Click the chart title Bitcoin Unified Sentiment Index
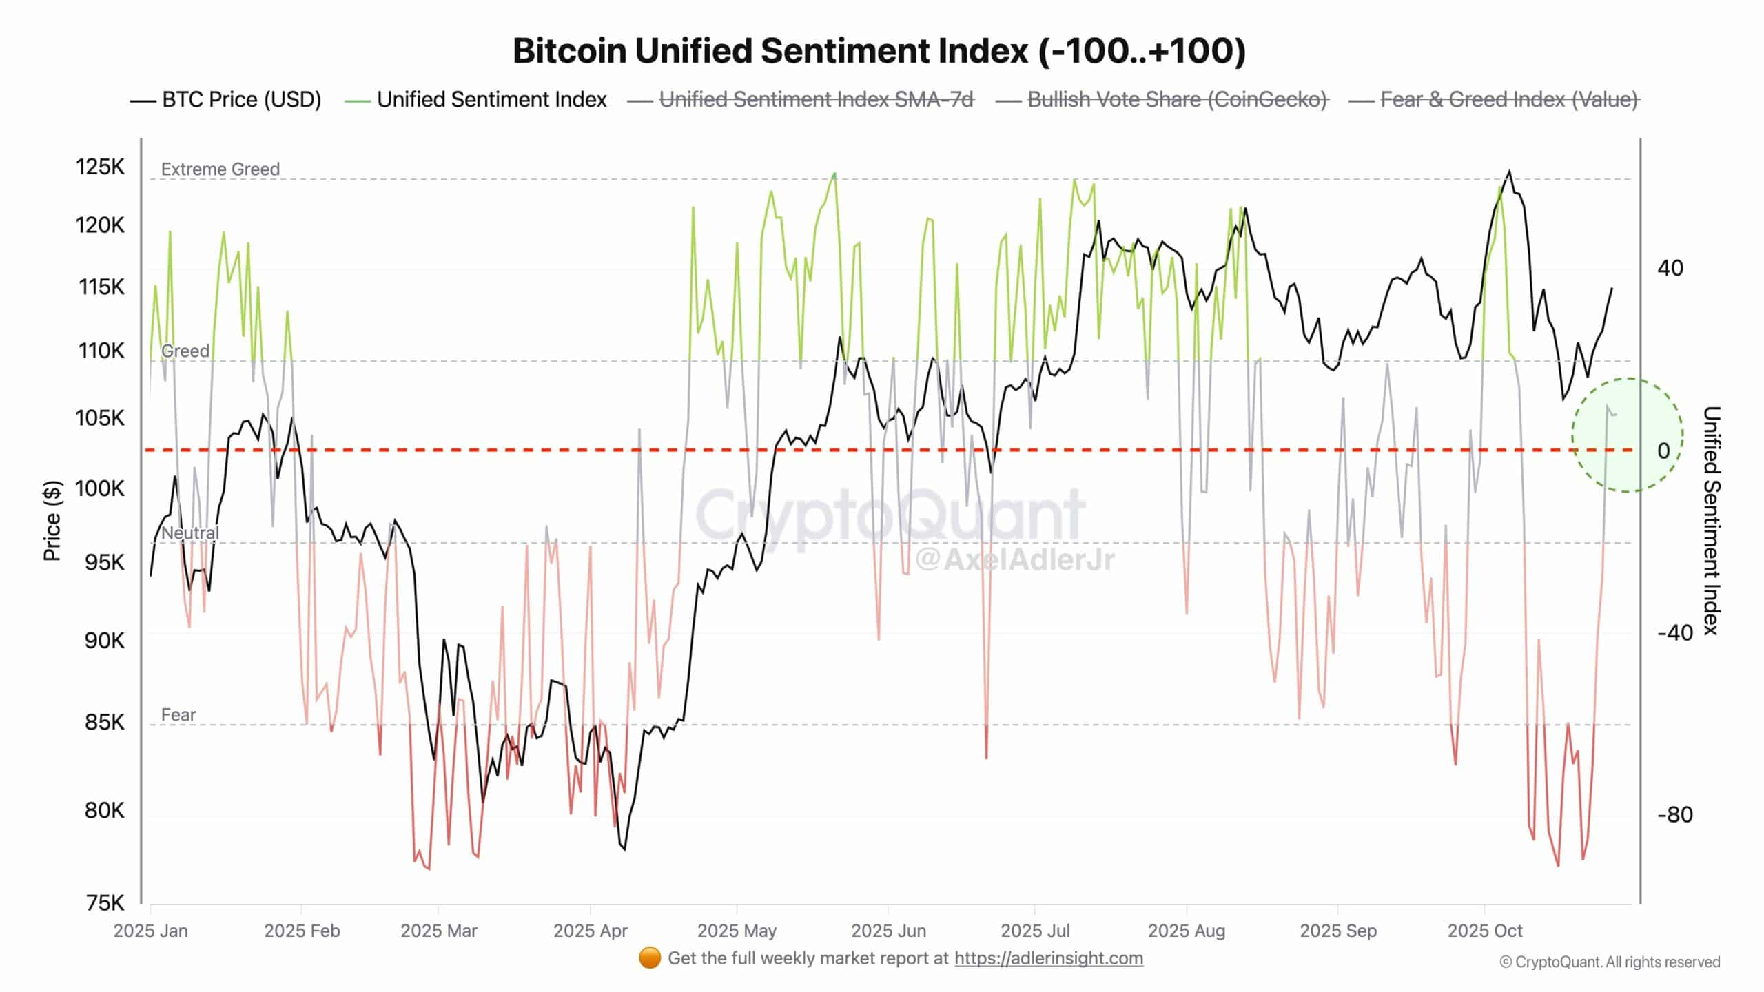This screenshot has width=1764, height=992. tap(879, 51)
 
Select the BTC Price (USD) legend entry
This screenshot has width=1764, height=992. tap(241, 100)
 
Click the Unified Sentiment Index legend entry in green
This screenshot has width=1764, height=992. tap(491, 100)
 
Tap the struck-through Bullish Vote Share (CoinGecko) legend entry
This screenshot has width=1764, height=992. tap(1177, 100)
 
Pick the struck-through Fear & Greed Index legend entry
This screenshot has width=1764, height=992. tap(1508, 100)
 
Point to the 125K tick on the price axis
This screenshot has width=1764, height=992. tap(100, 167)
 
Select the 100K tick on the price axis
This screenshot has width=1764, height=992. tap(100, 489)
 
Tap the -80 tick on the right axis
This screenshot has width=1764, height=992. tap(1675, 815)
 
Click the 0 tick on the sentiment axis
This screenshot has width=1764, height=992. tap(1663, 451)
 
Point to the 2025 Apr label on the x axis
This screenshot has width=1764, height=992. tap(591, 931)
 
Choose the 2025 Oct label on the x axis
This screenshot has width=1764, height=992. tap(1485, 931)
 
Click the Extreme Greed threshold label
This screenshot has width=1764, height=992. tap(220, 169)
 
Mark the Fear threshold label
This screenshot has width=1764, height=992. tap(178, 715)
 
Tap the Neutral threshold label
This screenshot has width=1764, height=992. tap(190, 533)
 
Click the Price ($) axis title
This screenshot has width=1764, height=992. tap(52, 521)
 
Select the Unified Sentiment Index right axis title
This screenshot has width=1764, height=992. tap(1711, 521)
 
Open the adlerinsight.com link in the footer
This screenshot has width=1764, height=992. tap(1048, 958)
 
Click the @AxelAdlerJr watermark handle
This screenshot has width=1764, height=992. tap(1014, 559)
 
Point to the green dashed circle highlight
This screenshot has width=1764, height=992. tap(1628, 435)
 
